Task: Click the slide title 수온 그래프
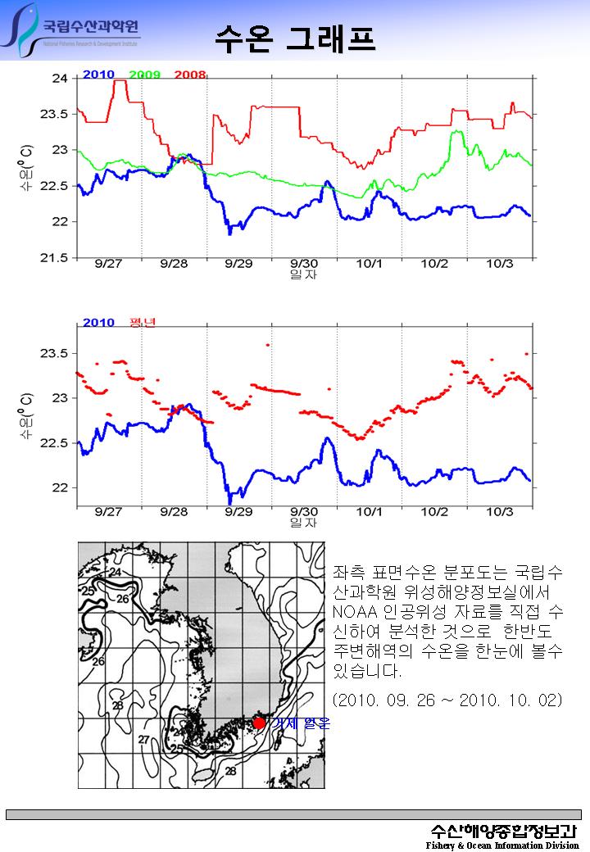pos(295,37)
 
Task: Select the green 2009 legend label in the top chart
pos(144,75)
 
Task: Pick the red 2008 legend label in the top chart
pos(189,75)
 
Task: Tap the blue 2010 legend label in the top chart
pos(98,75)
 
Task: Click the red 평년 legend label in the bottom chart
pos(143,322)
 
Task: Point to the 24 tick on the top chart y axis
pos(60,79)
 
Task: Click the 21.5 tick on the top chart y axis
pos(55,258)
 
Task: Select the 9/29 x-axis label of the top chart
pos(238,265)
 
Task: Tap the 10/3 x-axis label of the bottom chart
pos(500,512)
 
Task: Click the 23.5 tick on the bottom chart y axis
pos(55,354)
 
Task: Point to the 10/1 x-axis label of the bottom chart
pos(370,512)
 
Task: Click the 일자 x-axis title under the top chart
pos(303,275)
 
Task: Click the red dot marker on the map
pos(259,723)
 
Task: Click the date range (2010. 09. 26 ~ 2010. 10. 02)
pos(447,701)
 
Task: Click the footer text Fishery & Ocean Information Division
pos(502,845)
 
